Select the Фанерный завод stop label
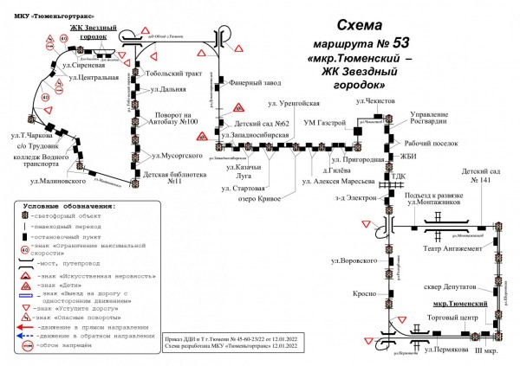point(252,84)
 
